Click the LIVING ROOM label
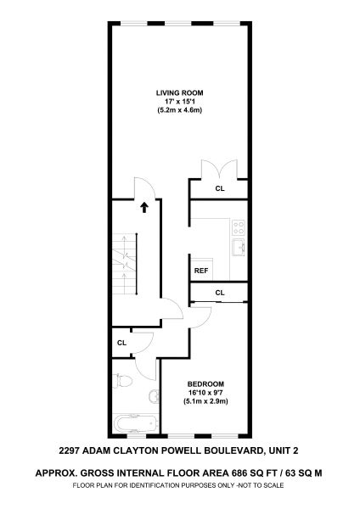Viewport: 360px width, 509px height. (180, 92)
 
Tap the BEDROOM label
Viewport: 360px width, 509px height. (205, 384)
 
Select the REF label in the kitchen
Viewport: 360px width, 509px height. (201, 271)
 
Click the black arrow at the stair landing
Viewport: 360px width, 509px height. (144, 208)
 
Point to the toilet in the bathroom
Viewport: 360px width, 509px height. (122, 380)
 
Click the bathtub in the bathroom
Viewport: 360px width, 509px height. (135, 423)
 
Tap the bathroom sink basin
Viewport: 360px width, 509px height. (154, 395)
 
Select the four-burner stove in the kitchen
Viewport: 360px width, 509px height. (239, 227)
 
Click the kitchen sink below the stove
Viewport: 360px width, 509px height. (239, 248)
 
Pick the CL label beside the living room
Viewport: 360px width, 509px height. (220, 188)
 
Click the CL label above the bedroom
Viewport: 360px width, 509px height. (220, 293)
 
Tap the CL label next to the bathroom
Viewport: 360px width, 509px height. (122, 343)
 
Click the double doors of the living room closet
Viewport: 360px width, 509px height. (220, 170)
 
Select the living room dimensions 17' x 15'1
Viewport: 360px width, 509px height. (180, 102)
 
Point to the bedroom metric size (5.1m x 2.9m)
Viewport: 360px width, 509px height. (205, 401)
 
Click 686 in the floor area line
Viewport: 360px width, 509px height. (237, 473)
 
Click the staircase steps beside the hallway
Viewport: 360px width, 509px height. (125, 264)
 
